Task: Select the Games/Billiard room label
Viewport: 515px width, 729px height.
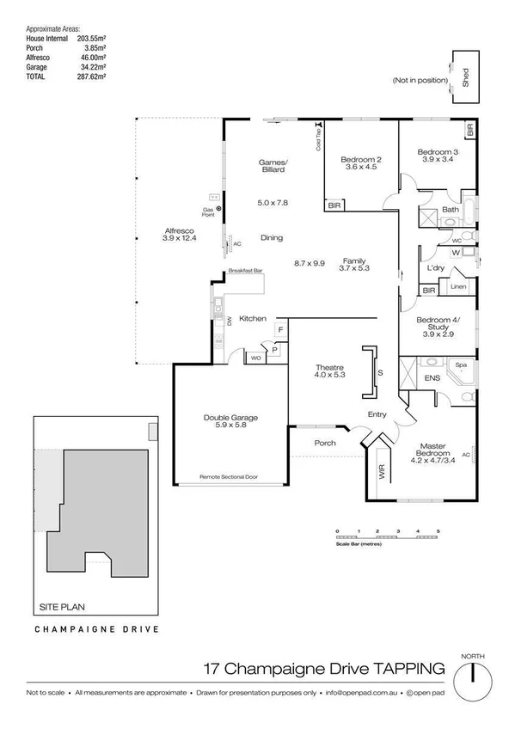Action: pyautogui.click(x=273, y=166)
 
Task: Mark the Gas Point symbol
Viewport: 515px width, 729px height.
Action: pyautogui.click(x=218, y=208)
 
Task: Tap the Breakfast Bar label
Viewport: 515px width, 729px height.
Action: pyautogui.click(x=245, y=272)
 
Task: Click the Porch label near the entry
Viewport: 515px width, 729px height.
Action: pyautogui.click(x=325, y=443)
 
